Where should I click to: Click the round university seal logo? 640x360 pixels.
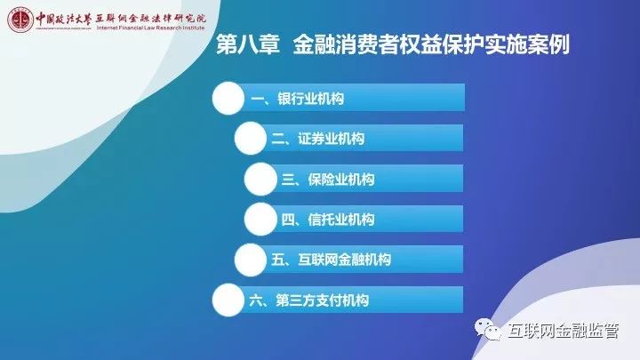pos(20,20)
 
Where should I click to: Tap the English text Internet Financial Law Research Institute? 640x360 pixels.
pos(150,28)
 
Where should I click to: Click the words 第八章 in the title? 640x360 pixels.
pos(248,44)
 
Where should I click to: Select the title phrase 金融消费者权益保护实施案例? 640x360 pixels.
pos(431,44)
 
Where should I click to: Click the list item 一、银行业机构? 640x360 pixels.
pos(298,99)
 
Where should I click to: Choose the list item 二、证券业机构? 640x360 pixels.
pos(318,139)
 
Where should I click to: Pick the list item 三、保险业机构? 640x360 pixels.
pos(328,180)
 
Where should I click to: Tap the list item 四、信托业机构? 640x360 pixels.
pos(328,220)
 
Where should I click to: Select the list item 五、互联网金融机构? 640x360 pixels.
pos(332,260)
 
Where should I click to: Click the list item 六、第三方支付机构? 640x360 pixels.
pos(309,300)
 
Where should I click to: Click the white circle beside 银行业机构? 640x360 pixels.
pos(228,99)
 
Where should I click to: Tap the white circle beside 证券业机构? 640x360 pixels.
pos(251,139)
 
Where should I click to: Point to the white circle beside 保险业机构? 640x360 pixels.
pos(260,179)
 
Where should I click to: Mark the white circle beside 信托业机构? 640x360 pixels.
pos(260,220)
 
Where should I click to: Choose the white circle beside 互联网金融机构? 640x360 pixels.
pos(251,260)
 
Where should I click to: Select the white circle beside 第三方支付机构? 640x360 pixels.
pos(228,300)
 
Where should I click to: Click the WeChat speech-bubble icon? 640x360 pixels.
pos(488,329)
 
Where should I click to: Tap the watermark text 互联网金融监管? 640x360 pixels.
pos(564,331)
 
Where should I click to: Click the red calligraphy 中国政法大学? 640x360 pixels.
pos(63,19)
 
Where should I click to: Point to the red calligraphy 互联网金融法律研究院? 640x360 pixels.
pos(150,19)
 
